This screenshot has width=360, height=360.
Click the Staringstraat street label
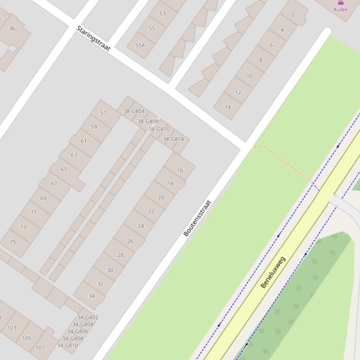93,39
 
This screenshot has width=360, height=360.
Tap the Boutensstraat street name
197,218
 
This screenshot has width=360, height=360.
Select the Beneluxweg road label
272,272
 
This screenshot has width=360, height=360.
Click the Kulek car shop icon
341,3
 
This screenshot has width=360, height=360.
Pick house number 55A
140,45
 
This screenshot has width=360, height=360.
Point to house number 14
228,107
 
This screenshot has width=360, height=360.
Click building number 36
12,29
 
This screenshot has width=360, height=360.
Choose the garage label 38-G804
134,111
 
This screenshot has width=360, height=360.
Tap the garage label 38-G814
173,139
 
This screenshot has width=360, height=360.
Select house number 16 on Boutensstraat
180,171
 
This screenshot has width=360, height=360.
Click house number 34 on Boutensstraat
91,296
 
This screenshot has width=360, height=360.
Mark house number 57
103,113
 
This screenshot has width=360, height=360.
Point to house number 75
13,242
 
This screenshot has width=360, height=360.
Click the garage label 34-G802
88,317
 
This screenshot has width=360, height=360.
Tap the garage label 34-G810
67,346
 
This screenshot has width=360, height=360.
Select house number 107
40,347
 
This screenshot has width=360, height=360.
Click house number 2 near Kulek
293,14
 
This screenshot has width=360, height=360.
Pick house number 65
64,169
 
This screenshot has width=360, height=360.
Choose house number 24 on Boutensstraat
141,226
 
